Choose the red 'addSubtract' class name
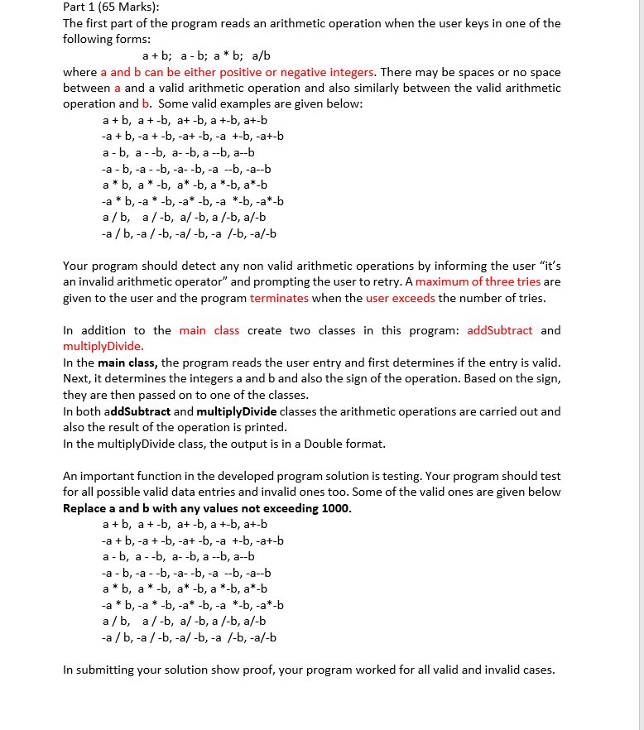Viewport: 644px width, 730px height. [500, 330]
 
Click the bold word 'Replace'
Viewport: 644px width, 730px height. [86, 508]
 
